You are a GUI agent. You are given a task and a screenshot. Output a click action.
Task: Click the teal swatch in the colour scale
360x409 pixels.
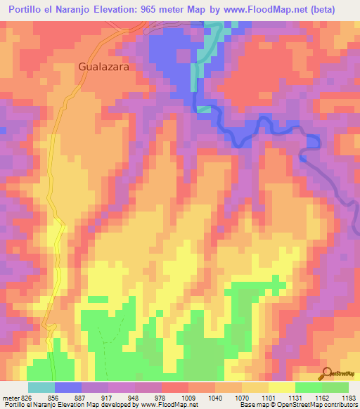click(x=41, y=387)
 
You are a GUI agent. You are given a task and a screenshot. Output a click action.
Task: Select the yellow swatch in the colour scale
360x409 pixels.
click(x=282, y=387)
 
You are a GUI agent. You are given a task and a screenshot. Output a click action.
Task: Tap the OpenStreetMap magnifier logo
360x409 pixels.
click(x=326, y=373)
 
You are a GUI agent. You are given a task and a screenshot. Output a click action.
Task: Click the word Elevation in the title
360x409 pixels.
click(x=127, y=10)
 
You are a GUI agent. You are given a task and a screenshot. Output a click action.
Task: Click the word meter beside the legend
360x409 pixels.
click(x=11, y=397)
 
